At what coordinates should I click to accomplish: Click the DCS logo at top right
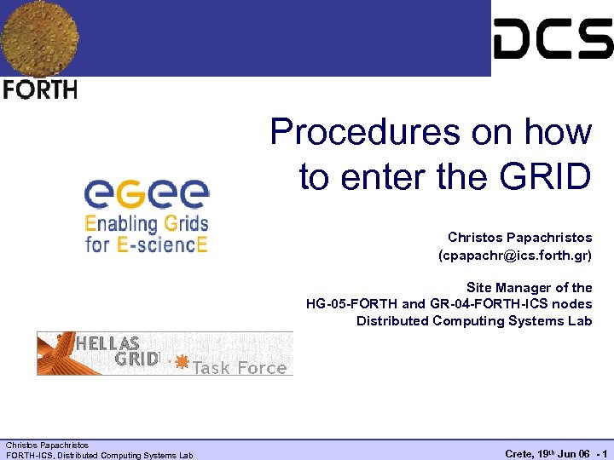click(x=553, y=38)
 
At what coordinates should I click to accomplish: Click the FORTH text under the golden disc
click(x=40, y=89)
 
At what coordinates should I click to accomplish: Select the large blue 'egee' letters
click(x=146, y=194)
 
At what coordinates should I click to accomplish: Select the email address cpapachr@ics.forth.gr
click(x=514, y=255)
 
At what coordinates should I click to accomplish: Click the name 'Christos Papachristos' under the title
click(x=519, y=237)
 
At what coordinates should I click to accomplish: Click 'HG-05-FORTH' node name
click(x=351, y=304)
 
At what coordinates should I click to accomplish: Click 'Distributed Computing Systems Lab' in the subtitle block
click(x=473, y=320)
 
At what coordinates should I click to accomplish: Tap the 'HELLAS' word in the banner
click(x=108, y=343)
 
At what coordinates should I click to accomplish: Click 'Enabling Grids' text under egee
click(x=146, y=224)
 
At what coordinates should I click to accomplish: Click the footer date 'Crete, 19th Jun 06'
click(x=542, y=454)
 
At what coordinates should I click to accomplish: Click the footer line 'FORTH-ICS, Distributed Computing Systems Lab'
click(x=99, y=455)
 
